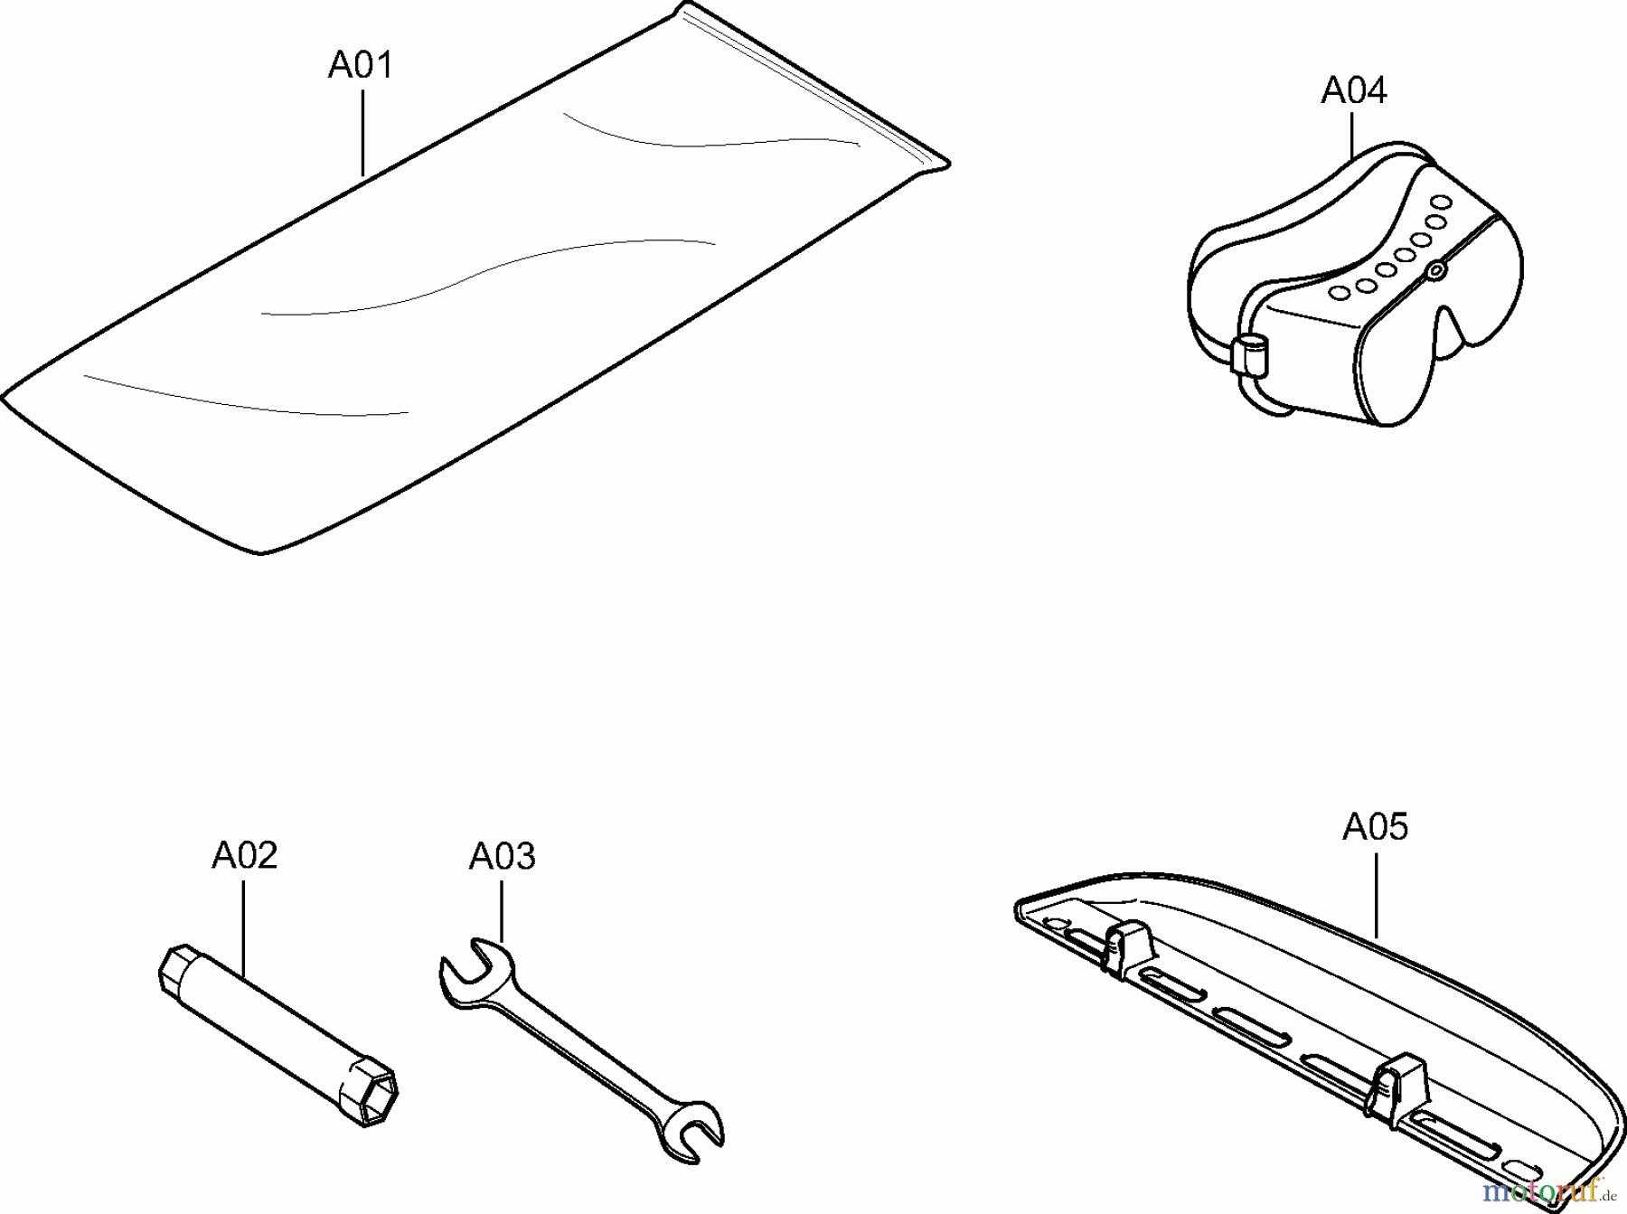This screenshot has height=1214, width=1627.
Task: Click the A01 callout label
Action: (360, 66)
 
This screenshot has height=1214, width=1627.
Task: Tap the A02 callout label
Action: (244, 855)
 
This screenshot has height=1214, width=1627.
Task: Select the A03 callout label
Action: (502, 856)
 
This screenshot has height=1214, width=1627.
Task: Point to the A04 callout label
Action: (1353, 90)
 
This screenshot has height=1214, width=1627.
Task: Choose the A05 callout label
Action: (1375, 827)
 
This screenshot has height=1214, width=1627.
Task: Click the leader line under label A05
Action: (1376, 893)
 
